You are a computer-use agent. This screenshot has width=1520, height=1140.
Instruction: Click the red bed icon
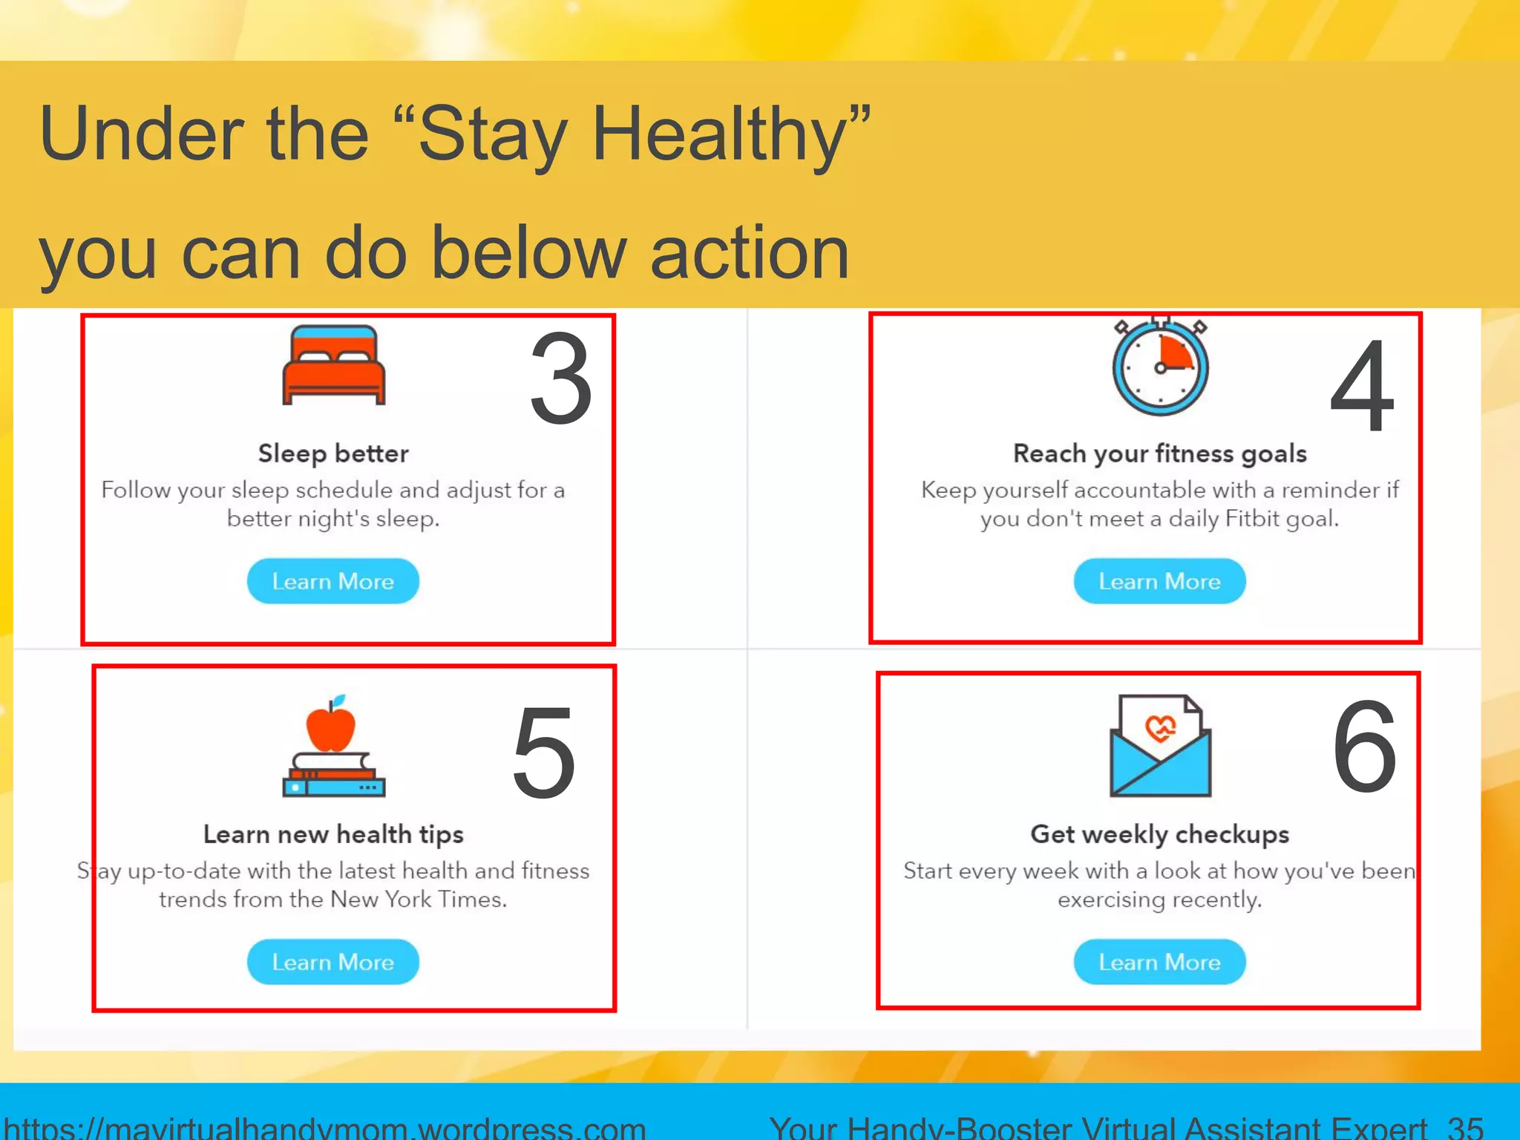334,365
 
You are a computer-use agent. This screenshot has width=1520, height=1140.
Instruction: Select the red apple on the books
331,726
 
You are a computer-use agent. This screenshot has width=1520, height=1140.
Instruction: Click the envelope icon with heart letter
1160,746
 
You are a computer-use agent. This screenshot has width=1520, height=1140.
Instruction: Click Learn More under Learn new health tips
332,962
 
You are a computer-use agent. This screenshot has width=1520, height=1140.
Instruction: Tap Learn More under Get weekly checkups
1159,962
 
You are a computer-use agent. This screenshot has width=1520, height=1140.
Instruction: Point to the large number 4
1363,386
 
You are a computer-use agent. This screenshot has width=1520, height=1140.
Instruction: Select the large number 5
544,754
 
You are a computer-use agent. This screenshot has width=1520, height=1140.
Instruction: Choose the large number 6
1364,748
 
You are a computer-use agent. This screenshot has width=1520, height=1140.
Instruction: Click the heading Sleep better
333,453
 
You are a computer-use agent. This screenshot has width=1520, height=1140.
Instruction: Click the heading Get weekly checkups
1159,834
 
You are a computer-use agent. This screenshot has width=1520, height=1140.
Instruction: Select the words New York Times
418,900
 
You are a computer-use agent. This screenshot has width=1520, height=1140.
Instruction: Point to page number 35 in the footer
1464,1127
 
